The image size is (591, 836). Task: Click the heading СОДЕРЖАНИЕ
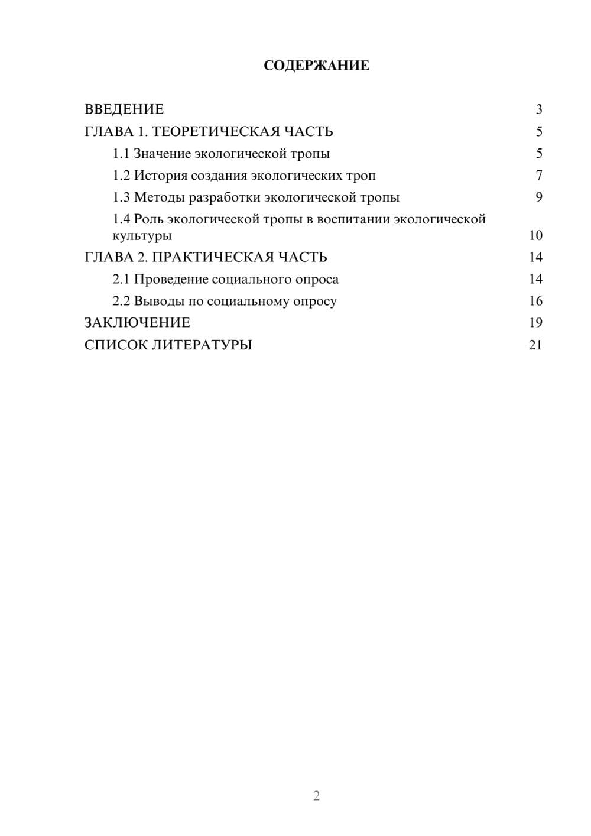(316, 66)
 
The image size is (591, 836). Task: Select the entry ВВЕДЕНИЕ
(124, 109)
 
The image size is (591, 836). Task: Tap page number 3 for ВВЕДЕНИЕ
(539, 109)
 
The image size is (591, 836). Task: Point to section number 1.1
(121, 154)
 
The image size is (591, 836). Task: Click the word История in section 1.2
(160, 176)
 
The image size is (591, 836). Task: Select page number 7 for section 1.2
(539, 176)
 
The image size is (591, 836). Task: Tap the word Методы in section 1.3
(159, 197)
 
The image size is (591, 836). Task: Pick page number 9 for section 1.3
(539, 197)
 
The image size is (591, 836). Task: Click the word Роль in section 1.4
(148, 219)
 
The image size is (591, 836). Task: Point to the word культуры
(142, 236)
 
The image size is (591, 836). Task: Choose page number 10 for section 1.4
(535, 235)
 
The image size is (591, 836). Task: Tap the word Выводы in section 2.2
(159, 301)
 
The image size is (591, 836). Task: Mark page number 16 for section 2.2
(535, 301)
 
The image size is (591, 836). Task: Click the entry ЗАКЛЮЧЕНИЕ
(137, 323)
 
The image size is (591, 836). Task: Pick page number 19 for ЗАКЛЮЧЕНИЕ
(535, 323)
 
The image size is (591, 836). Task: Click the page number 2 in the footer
(316, 796)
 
